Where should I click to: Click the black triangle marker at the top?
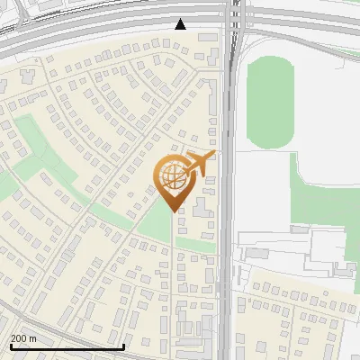coord(181,24)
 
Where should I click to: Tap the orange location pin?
coord(174,180)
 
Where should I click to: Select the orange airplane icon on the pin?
coord(199,163)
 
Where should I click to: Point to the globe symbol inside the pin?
coord(172,175)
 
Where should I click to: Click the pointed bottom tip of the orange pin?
coord(174,211)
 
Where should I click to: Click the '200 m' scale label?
coord(24,338)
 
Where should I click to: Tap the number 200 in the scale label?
coord(19,338)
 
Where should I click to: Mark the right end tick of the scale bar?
coord(123,345)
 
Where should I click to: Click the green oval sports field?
coord(271,102)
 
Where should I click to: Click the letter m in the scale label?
coord(33,339)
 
